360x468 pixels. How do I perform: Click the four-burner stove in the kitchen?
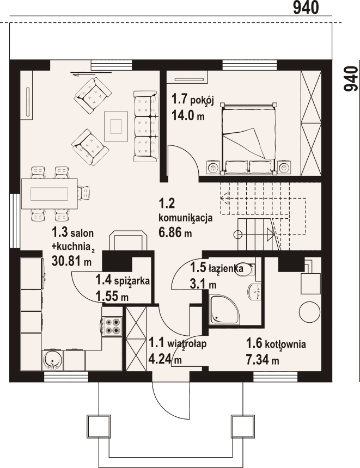113,326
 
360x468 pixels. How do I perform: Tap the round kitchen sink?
53,360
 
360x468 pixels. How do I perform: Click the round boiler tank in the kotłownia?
309,311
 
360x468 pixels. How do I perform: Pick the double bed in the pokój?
248,137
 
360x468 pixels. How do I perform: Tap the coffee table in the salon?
116,126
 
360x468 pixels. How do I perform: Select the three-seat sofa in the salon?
145,126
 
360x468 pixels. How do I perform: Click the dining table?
50,193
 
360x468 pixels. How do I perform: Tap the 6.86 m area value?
175,232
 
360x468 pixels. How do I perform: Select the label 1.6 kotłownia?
276,343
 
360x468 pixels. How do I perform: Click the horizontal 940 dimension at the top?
306,8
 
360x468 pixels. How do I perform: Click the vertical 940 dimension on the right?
350,79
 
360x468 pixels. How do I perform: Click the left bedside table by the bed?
213,168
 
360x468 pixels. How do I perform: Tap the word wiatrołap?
187,343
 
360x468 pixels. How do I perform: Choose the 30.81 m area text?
72,261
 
